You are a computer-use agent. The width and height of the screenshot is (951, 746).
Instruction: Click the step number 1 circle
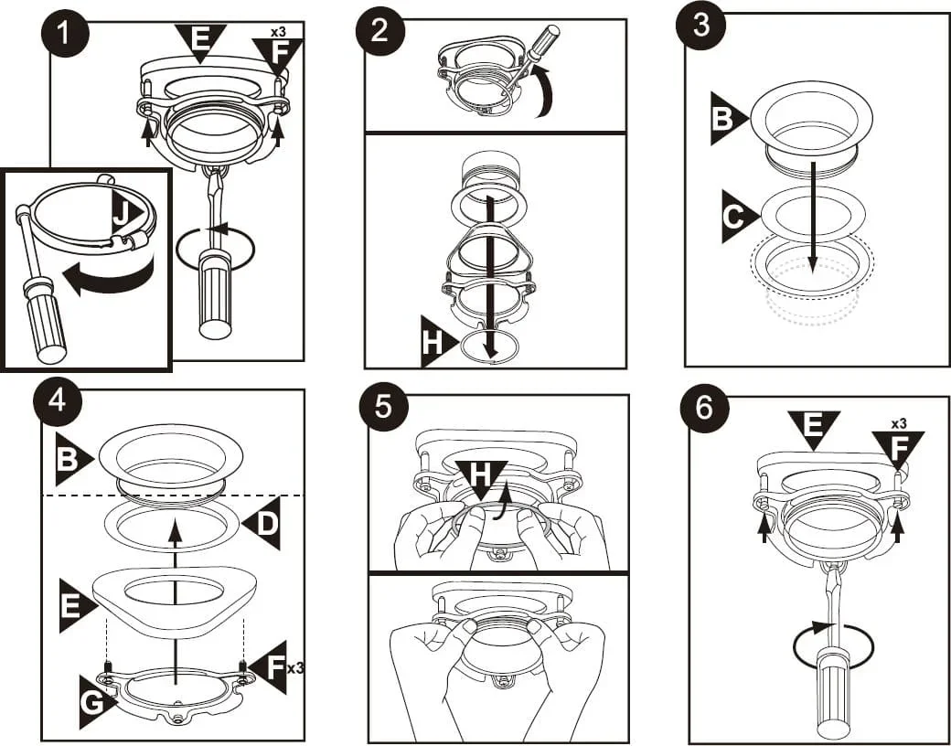coord(63,37)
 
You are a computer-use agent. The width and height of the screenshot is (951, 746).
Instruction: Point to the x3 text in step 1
coord(279,32)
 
